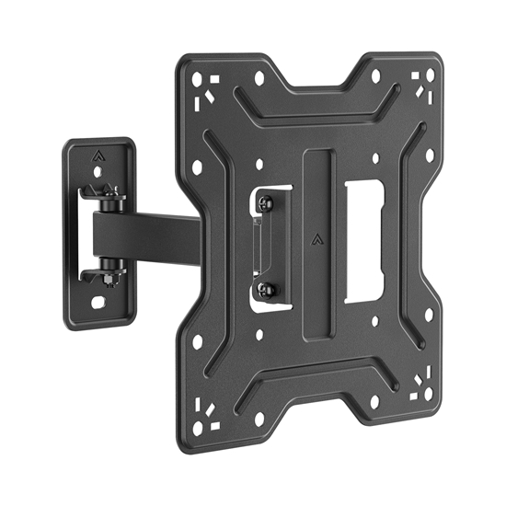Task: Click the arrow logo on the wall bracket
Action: click(98, 155)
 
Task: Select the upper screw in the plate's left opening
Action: click(266, 201)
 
